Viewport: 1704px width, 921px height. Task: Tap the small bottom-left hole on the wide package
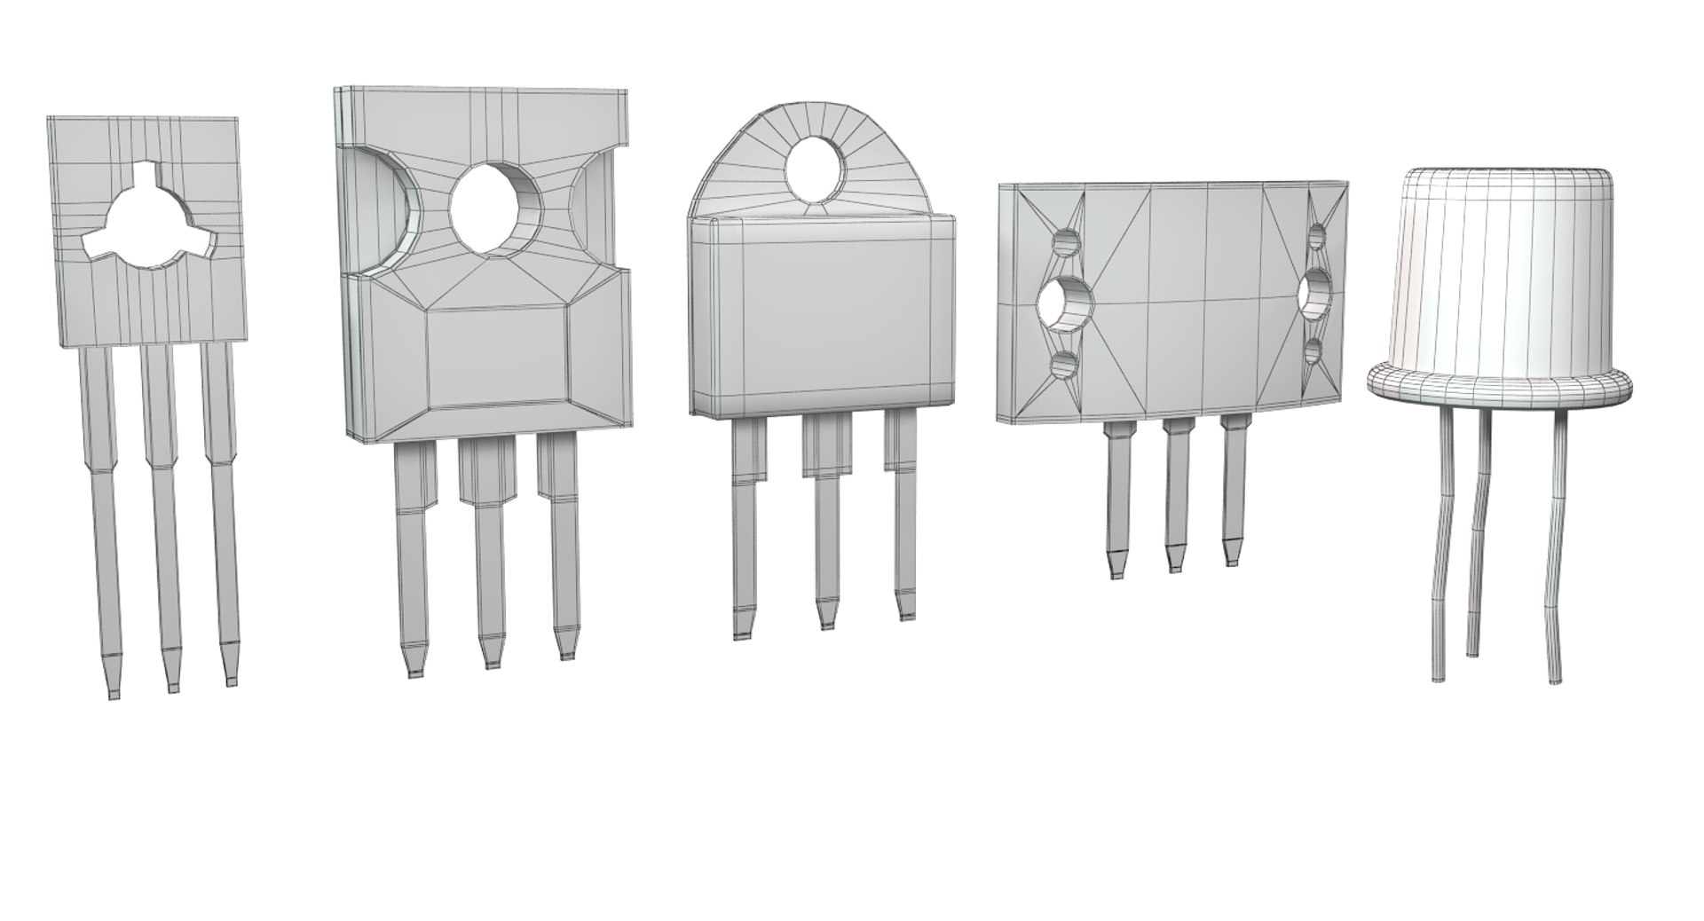click(1062, 363)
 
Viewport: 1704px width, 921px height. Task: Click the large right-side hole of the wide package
click(1315, 294)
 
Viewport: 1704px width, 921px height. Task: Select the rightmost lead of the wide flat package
click(1232, 497)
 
